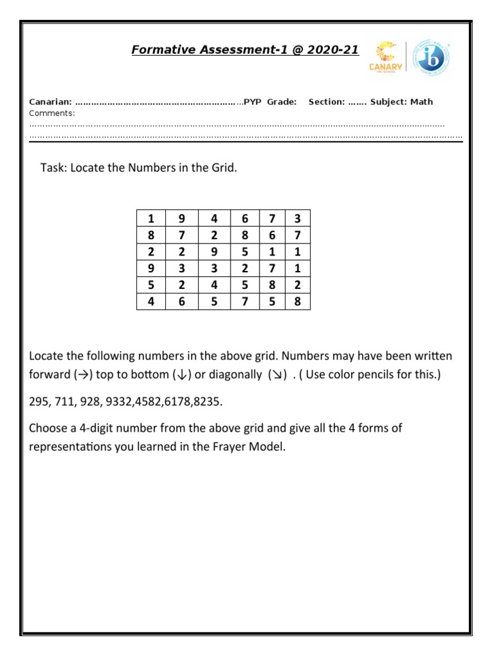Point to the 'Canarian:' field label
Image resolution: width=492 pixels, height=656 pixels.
point(51,102)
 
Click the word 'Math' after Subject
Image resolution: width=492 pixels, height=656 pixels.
point(422,102)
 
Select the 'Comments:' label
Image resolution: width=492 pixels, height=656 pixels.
point(52,113)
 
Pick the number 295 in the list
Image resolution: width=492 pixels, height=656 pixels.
point(39,401)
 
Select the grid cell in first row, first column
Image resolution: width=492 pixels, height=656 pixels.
point(151,218)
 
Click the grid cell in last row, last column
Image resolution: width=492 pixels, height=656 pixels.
point(297,301)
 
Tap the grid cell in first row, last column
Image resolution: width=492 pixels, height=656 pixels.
point(297,218)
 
